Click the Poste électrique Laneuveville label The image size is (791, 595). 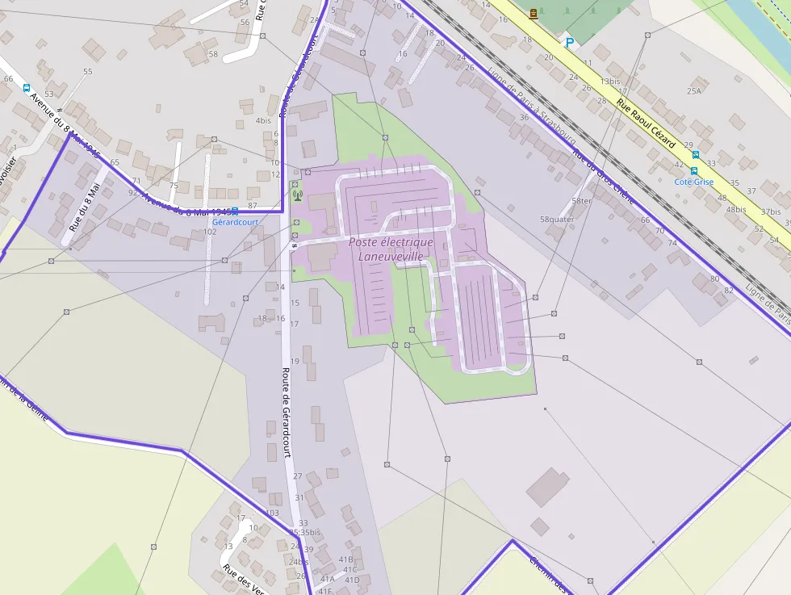[391, 249]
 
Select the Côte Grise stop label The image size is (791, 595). [694, 182]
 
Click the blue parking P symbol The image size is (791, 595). [570, 43]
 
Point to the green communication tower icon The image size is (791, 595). [296, 194]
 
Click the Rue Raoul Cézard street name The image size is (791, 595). [645, 123]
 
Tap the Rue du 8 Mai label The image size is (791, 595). [84, 207]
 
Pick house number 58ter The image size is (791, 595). [581, 201]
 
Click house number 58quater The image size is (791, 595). [557, 219]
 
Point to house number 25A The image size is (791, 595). [693, 91]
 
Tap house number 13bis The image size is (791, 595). [609, 82]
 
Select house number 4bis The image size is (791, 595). [263, 120]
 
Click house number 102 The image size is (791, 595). [210, 232]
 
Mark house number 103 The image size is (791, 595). [272, 513]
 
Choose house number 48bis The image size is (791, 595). [735, 209]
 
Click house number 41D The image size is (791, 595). [352, 580]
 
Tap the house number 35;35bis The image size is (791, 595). [305, 533]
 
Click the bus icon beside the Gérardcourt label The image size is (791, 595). [235, 211]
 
